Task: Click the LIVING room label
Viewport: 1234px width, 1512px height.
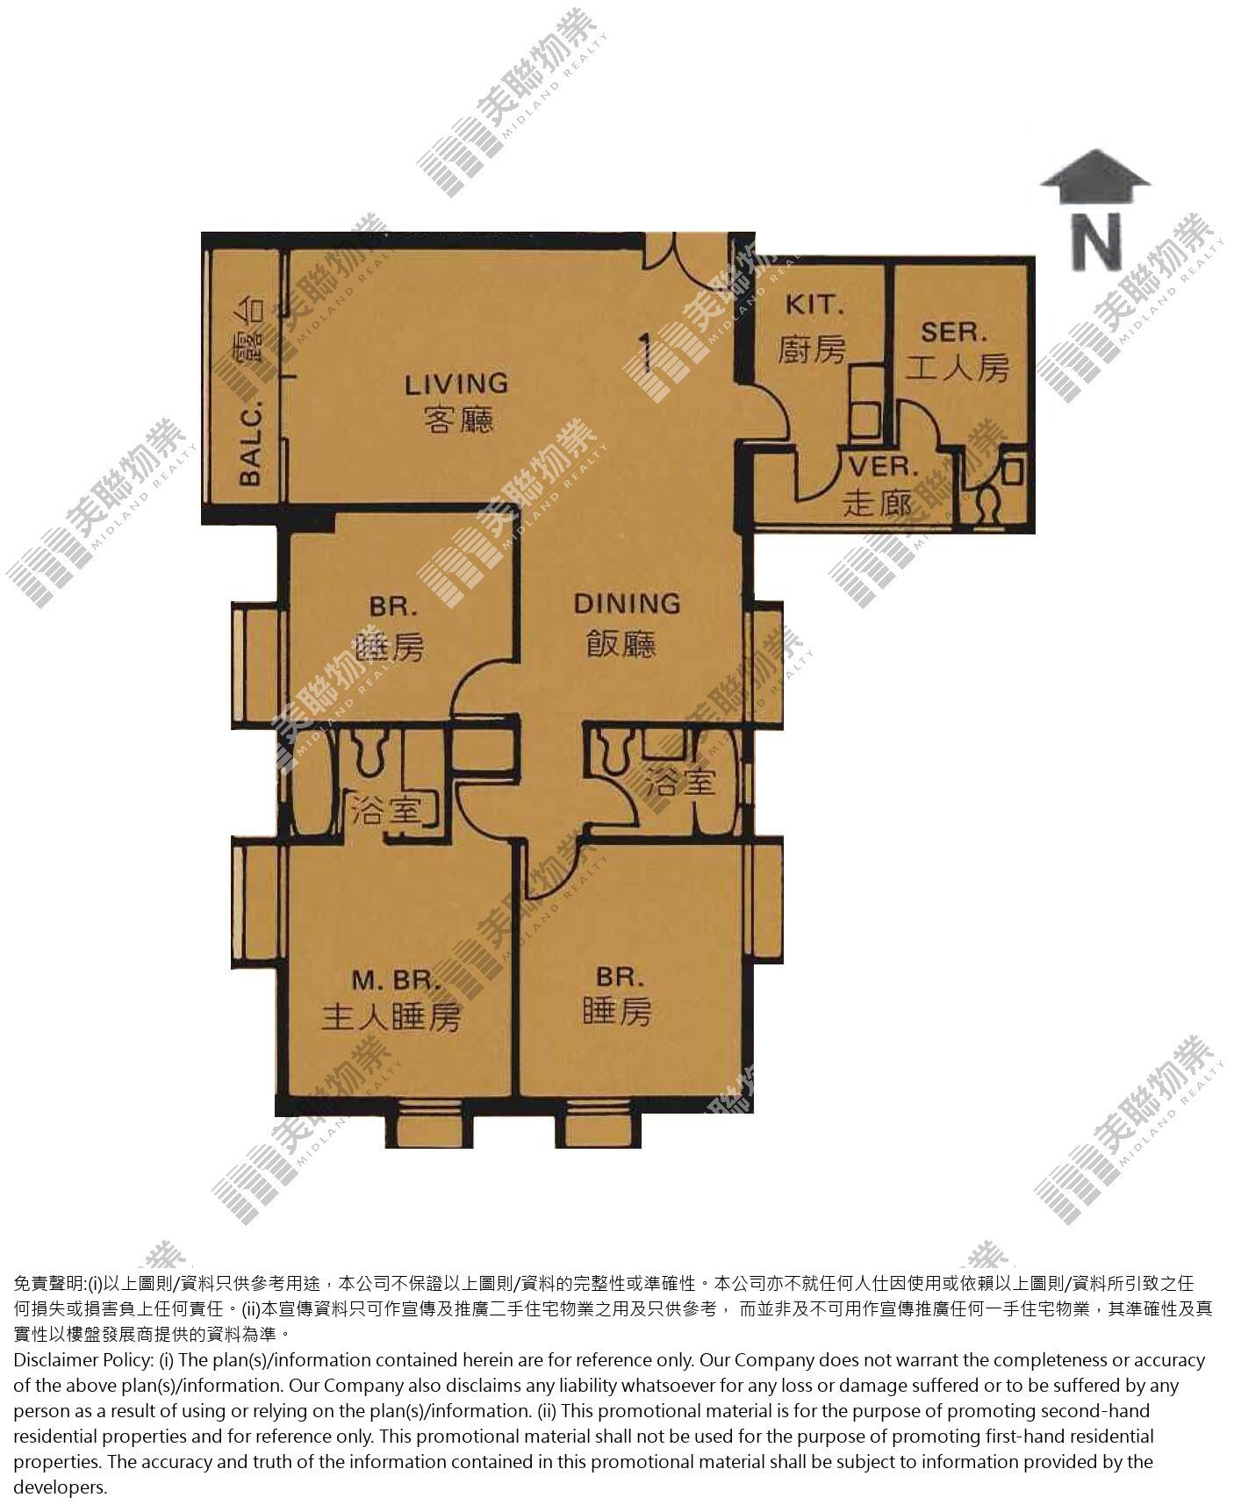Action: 456,383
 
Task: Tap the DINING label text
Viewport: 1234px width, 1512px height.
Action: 627,604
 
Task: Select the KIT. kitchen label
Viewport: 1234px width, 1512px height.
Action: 814,305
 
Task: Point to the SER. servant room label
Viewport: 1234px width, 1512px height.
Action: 954,333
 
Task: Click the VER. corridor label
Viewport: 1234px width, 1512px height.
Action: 883,468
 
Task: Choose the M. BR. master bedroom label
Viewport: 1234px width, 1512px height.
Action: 390,979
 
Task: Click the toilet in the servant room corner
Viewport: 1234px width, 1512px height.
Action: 988,506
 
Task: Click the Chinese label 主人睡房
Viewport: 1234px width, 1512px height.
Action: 391,1017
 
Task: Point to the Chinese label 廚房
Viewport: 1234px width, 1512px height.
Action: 813,349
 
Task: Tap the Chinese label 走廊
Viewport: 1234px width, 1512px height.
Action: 877,504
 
